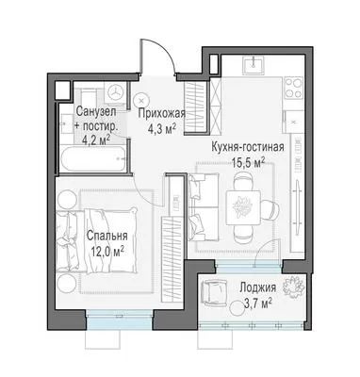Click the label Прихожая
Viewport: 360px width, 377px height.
point(162,113)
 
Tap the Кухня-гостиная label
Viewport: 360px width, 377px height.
point(248,147)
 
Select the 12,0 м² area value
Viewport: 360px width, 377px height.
point(107,252)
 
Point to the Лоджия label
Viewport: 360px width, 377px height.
point(258,287)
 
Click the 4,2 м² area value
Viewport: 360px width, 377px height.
point(96,139)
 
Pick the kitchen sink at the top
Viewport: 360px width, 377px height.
point(253,65)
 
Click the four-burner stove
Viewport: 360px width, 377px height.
point(293,88)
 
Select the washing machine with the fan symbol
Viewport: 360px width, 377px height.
point(116,91)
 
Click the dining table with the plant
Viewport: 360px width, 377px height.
point(243,207)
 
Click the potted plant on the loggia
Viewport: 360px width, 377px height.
point(293,287)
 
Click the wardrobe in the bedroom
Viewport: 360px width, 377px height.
point(172,259)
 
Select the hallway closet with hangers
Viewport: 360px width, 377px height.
point(195,107)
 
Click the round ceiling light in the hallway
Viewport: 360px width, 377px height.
point(140,101)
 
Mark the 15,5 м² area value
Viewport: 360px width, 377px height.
point(248,162)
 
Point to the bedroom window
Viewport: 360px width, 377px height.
point(120,318)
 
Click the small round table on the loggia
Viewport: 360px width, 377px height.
point(237,307)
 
